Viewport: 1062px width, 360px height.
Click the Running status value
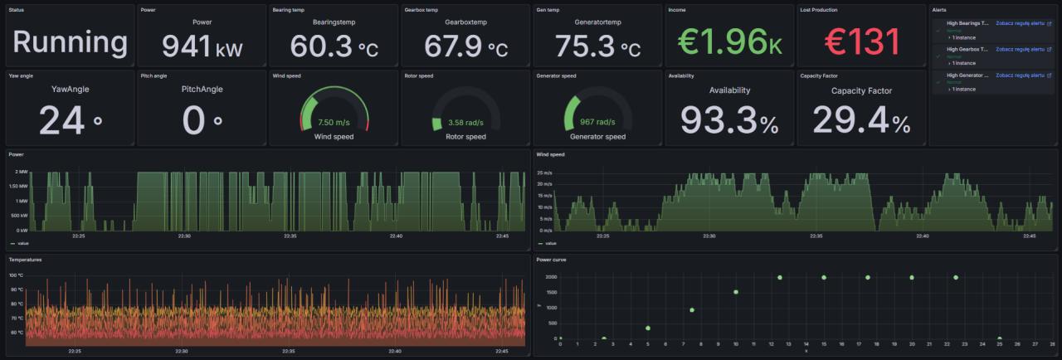70,42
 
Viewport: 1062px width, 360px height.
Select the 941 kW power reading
202,46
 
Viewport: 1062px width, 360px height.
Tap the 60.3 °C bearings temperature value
334,46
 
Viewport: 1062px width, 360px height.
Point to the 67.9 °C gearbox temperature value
465,46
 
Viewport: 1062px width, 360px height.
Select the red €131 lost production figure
862,42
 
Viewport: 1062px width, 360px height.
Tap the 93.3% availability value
730,121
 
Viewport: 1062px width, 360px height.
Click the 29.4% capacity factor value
862,121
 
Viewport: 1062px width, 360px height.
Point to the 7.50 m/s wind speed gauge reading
334,122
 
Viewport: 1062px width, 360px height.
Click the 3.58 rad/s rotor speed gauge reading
466,123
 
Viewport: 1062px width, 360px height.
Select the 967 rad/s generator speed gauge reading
597,122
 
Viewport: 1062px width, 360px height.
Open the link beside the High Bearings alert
1020,23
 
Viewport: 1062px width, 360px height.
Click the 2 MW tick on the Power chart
21,172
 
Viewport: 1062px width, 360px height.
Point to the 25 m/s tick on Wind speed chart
544,173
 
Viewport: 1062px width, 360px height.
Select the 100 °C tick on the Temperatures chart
17,275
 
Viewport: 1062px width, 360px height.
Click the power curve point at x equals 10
736,292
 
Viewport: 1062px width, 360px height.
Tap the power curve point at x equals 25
1000,338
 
